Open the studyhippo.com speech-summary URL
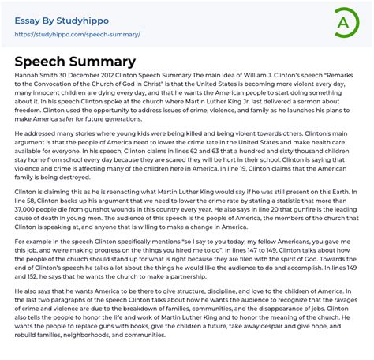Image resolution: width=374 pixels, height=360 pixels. pos(77,35)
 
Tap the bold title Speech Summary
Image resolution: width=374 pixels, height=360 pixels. pos(76,62)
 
